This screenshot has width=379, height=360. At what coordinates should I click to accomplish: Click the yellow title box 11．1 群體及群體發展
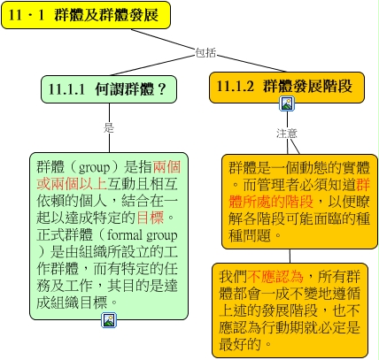pos(86,15)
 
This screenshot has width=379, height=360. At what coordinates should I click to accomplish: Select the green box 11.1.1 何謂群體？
pos(109,89)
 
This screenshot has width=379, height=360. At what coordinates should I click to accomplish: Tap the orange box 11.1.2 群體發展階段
pos(287,88)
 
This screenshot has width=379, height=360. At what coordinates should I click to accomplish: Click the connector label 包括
pos(205,53)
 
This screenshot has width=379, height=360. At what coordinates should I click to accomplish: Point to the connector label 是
pos(109,127)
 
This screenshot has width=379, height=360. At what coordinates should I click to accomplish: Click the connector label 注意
pos(287,134)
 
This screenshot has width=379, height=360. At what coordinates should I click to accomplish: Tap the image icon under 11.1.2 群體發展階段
pos(287,103)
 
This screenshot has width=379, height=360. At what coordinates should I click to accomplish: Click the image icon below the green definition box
pos(109,320)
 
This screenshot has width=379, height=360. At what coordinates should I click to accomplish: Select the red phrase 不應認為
pos(275,277)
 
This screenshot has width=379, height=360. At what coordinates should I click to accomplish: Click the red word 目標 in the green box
pos(151,218)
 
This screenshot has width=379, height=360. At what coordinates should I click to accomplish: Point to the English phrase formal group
pos(143,235)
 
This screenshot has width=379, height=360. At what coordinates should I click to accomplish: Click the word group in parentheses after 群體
pos(94,167)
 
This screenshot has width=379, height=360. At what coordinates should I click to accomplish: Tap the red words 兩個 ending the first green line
pos(166,167)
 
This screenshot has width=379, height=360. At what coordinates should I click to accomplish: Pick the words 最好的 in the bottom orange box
pos(240,344)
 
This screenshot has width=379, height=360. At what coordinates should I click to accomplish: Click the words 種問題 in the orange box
pos(250,235)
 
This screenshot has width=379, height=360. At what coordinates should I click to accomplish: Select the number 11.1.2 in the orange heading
pos(236,86)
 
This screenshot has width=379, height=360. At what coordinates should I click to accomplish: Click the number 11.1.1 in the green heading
pos(66,89)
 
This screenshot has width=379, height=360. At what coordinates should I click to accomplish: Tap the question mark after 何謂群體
pos(162,89)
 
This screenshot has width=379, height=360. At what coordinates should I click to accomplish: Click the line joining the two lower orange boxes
pos(290,256)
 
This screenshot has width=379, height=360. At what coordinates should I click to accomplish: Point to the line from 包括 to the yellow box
pos(163,39)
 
